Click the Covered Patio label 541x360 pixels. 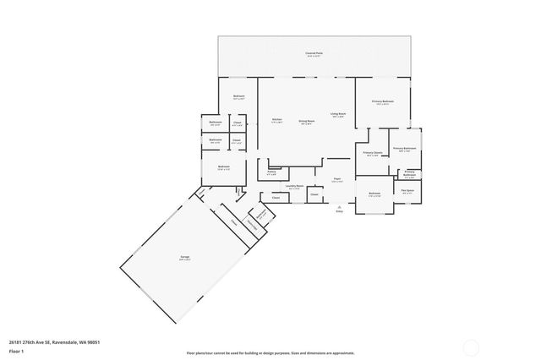(314, 53)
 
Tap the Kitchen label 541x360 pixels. (276, 120)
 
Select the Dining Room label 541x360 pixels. (307, 121)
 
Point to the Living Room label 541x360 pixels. (338, 114)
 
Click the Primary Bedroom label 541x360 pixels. (383, 101)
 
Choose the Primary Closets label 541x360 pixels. (373, 153)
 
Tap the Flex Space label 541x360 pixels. (407, 191)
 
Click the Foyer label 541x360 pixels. (337, 179)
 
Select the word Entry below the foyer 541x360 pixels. (339, 210)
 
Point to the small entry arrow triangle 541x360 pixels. (339, 205)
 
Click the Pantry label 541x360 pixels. (271, 172)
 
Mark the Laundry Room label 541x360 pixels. (294, 186)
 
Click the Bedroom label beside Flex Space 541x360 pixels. (374, 194)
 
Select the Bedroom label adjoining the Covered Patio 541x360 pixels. (238, 96)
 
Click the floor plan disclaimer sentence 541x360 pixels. (270, 353)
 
